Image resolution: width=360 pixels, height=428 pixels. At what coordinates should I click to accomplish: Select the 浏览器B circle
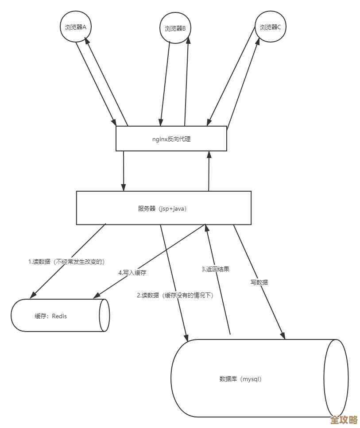pos(175,28)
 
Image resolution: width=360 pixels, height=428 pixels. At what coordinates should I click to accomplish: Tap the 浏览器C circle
pos(270,27)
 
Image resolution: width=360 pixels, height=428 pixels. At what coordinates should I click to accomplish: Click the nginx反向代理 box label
pos(171,139)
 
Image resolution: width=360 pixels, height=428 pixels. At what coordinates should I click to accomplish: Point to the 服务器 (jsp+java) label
pos(163,208)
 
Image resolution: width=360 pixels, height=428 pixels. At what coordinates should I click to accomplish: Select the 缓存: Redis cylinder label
pos(50,316)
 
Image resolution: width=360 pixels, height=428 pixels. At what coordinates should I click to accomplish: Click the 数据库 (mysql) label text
pos(240,379)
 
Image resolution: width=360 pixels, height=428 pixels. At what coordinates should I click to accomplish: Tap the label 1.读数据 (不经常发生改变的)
pos(66,262)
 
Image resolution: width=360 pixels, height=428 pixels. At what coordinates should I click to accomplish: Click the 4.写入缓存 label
pos(132,273)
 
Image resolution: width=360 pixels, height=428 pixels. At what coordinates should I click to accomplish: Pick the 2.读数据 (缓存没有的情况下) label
pos(175,295)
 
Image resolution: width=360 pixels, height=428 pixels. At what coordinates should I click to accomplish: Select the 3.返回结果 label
pos(216,269)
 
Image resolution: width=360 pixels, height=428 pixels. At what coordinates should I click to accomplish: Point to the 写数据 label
pos(259,282)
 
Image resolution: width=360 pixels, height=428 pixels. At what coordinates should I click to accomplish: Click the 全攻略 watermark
pos(344,420)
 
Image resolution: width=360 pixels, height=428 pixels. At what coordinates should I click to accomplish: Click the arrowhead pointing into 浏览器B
pos(189,39)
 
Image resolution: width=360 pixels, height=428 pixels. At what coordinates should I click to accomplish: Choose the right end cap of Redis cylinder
pos(105,315)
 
